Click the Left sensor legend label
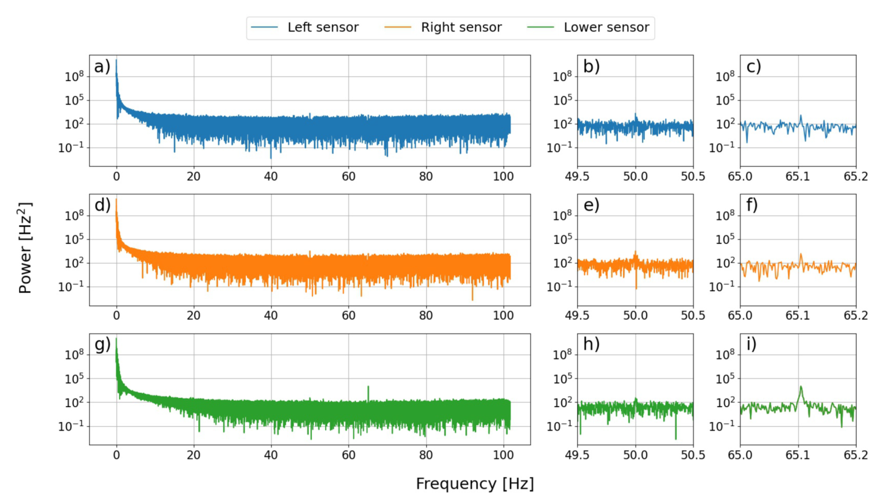323,27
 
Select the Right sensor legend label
461,27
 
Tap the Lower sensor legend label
606,27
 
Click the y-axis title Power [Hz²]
25,248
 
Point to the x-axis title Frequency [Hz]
474,483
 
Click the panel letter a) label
102,66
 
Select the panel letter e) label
591,205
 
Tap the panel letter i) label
751,344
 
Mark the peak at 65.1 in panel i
800,387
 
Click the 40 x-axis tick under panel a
271,176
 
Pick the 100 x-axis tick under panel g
503,455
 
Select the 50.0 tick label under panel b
635,176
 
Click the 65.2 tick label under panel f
855,316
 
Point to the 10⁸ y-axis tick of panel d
73,215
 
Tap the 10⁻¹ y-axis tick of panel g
71,426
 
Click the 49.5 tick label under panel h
577,455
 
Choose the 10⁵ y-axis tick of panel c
725,100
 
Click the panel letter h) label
591,344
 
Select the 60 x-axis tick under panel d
348,316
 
